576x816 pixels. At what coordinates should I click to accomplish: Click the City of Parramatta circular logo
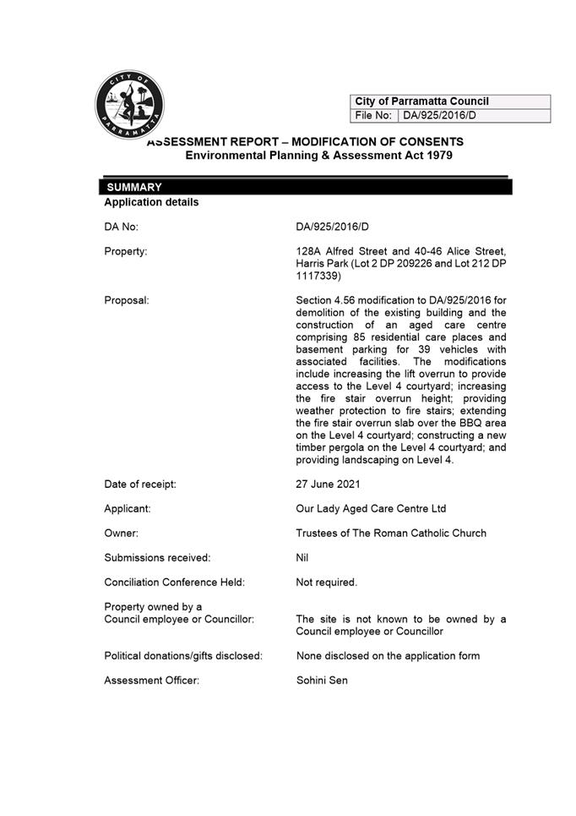pos(129,105)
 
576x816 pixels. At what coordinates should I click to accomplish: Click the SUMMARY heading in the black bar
pos(134,187)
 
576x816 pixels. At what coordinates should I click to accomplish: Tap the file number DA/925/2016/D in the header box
pos(439,116)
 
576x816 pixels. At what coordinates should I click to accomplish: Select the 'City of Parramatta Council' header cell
pos(421,101)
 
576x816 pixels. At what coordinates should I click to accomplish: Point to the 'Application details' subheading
pos(151,203)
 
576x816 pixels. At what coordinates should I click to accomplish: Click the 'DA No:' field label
pos(121,227)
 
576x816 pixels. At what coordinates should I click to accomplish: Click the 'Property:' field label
pos(126,251)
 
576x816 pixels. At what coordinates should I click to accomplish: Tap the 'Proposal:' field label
pos(127,300)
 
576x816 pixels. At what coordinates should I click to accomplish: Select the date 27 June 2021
pos(328,485)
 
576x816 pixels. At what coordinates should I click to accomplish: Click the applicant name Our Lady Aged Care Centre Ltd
pos(371,509)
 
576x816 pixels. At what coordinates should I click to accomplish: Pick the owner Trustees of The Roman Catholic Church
pos(391,534)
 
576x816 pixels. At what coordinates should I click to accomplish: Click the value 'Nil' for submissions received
pos(302,558)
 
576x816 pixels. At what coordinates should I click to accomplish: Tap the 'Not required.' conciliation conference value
pos(326,583)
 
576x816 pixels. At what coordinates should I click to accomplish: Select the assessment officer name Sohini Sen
pos(322,680)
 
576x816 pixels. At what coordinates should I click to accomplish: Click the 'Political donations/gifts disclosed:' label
pos(183,655)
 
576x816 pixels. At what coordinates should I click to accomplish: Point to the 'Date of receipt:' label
pos(140,485)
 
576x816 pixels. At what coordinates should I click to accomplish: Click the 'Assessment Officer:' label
pos(152,680)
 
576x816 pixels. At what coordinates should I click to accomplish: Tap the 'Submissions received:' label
pos(157,558)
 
